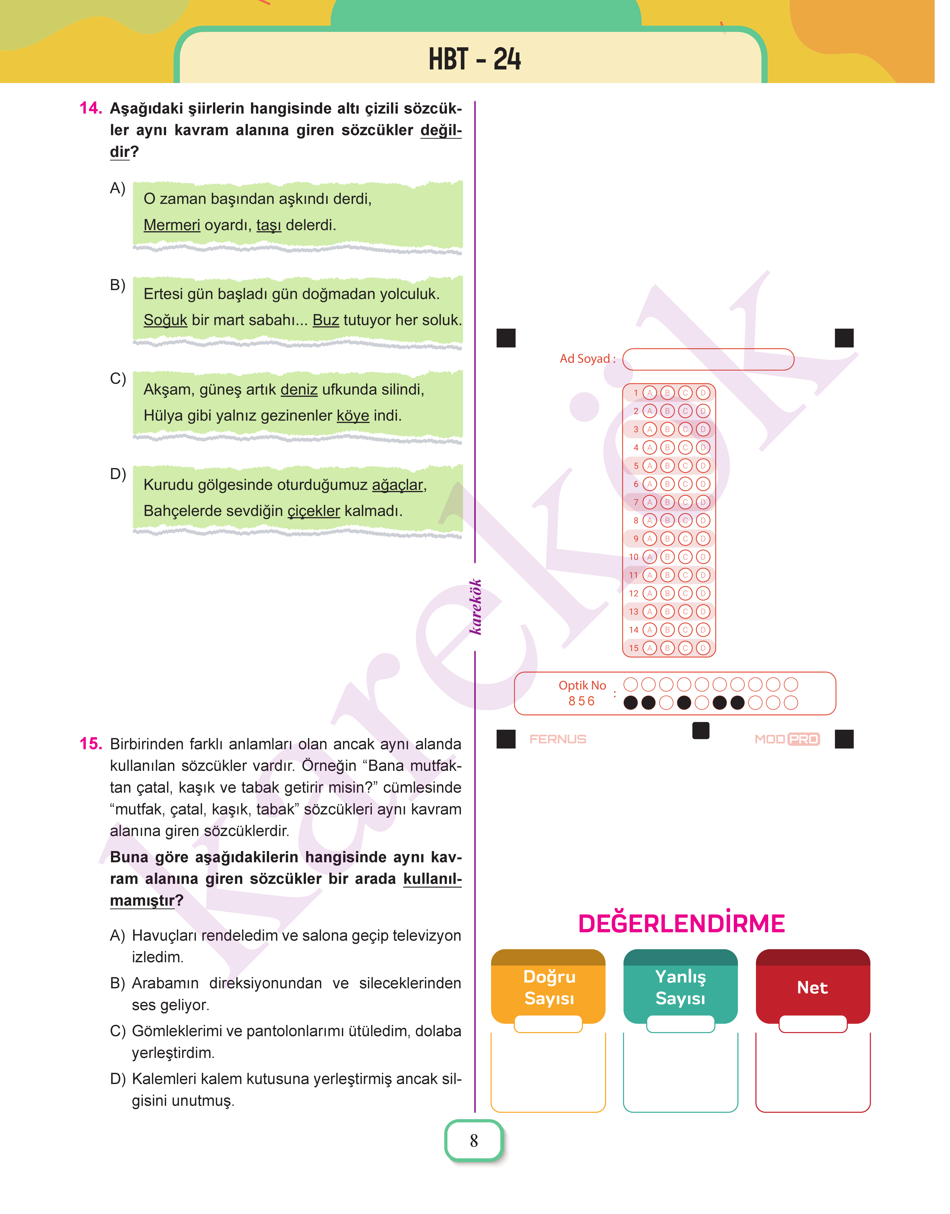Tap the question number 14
pyautogui.click(x=91, y=108)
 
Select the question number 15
pyautogui.click(x=91, y=744)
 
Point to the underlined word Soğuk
pyautogui.click(x=165, y=320)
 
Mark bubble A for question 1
pyautogui.click(x=650, y=393)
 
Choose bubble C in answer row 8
pyautogui.click(x=685, y=521)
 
